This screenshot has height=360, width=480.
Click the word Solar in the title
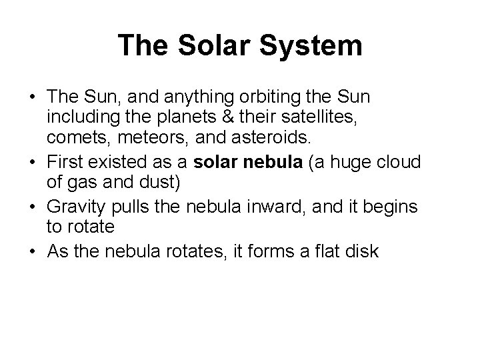[x=214, y=46]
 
